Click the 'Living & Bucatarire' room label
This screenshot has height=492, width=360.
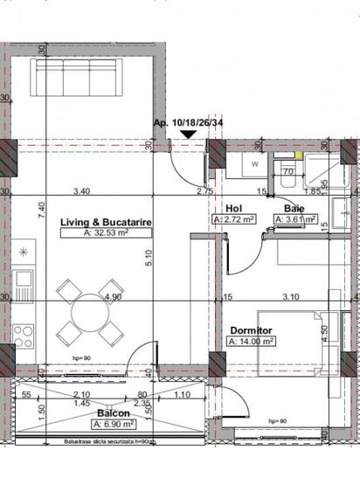click(106, 224)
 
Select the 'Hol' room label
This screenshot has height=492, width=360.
click(232, 209)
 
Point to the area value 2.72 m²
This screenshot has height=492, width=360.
click(234, 220)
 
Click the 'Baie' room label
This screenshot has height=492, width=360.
click(294, 209)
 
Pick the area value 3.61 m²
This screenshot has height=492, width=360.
click(295, 220)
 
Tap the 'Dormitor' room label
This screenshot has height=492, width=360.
click(251, 331)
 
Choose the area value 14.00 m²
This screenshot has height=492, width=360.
click(252, 342)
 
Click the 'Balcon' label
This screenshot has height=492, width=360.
click(114, 412)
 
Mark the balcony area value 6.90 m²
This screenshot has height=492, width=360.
click(114, 423)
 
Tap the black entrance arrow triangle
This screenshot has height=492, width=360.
click(187, 135)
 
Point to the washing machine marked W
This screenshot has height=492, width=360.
click(254, 163)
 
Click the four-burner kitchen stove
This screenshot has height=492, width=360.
click(24, 336)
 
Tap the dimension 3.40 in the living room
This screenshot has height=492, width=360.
click(82, 191)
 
